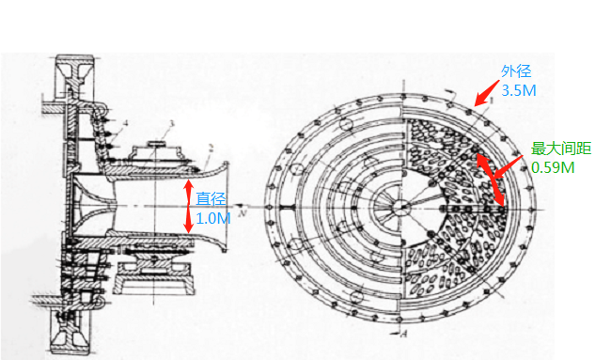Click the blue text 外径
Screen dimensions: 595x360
pyautogui.click(x=516, y=71)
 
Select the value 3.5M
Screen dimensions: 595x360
pyautogui.click(x=519, y=90)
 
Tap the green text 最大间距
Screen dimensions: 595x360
pyautogui.click(x=561, y=149)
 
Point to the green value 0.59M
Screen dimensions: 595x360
pyautogui.click(x=553, y=167)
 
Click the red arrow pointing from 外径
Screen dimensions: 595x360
pyautogui.click(x=487, y=93)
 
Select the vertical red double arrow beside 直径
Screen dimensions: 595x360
pyautogui.click(x=189, y=206)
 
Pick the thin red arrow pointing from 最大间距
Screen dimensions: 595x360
pyautogui.click(x=509, y=166)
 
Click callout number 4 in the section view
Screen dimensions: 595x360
pyautogui.click(x=125, y=123)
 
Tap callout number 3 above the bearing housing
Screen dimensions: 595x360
pyautogui.click(x=171, y=124)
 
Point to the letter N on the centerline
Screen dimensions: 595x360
pyautogui.click(x=242, y=212)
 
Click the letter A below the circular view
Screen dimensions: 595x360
pyautogui.click(x=404, y=334)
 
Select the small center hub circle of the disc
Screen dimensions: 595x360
pyautogui.click(x=399, y=207)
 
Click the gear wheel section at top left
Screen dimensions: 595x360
pyautogui.click(x=73, y=76)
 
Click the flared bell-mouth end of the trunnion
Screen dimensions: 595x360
pyautogui.click(x=225, y=206)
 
